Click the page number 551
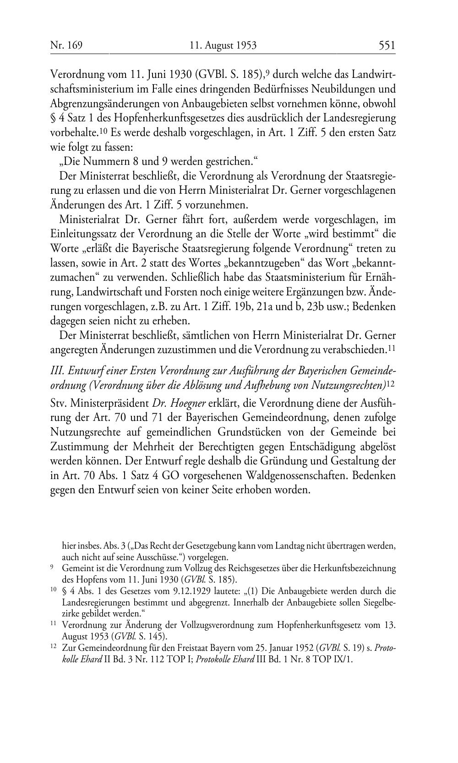click(387, 45)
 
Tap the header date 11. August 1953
click(223, 45)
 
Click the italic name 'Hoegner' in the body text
click(188, 404)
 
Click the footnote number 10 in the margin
click(53, 590)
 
